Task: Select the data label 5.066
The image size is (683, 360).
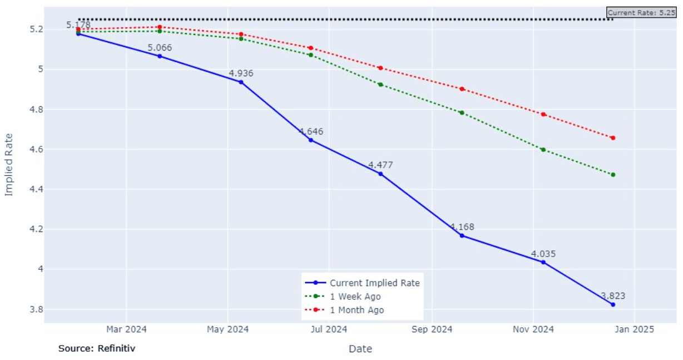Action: click(160, 48)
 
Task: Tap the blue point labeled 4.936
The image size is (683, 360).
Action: click(241, 82)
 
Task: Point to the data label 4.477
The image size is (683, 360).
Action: click(380, 165)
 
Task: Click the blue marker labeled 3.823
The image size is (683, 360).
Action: click(613, 304)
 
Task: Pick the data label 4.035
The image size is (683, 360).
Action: click(543, 254)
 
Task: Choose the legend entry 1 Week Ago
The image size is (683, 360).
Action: click(355, 297)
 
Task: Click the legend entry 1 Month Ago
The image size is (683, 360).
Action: click(357, 310)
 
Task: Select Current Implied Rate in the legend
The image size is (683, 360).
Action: click(374, 283)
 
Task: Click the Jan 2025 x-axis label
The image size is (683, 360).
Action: click(635, 329)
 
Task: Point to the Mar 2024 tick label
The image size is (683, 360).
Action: click(126, 329)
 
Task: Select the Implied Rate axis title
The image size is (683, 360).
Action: click(9, 164)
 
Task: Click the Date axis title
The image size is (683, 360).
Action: click(360, 349)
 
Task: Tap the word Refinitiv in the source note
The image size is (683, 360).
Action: click(116, 348)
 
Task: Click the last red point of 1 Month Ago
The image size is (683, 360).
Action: click(613, 138)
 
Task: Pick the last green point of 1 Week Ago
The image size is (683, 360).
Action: click(613, 175)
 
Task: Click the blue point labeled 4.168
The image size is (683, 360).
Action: click(462, 235)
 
